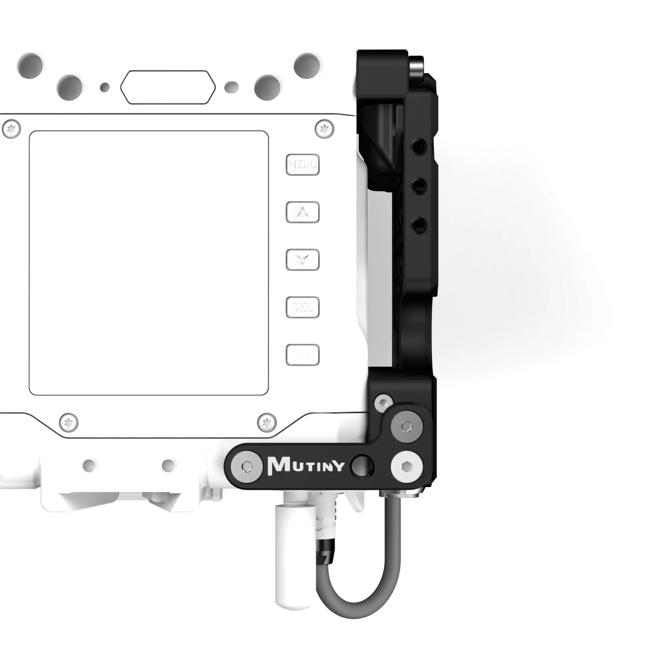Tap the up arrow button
pyautogui.click(x=303, y=212)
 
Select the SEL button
pyautogui.click(x=303, y=307)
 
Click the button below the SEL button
pyautogui.click(x=303, y=355)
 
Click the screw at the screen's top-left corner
pyautogui.click(x=11, y=129)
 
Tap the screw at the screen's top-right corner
pyautogui.click(x=324, y=129)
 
